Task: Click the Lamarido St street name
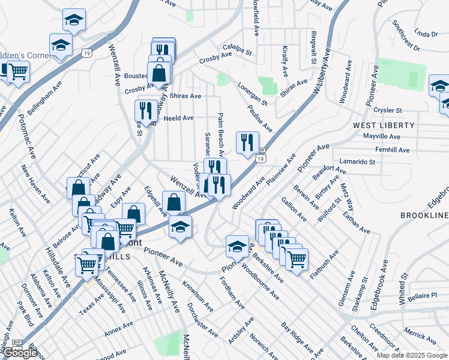tap(357, 162)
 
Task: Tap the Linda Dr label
tap(426, 34)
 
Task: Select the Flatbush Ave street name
tap(321, 265)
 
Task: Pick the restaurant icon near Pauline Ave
tap(247, 142)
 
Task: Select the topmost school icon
tap(74, 20)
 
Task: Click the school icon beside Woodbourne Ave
tap(238, 246)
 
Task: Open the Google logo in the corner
tap(20, 353)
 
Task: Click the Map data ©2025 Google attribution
tap(412, 355)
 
